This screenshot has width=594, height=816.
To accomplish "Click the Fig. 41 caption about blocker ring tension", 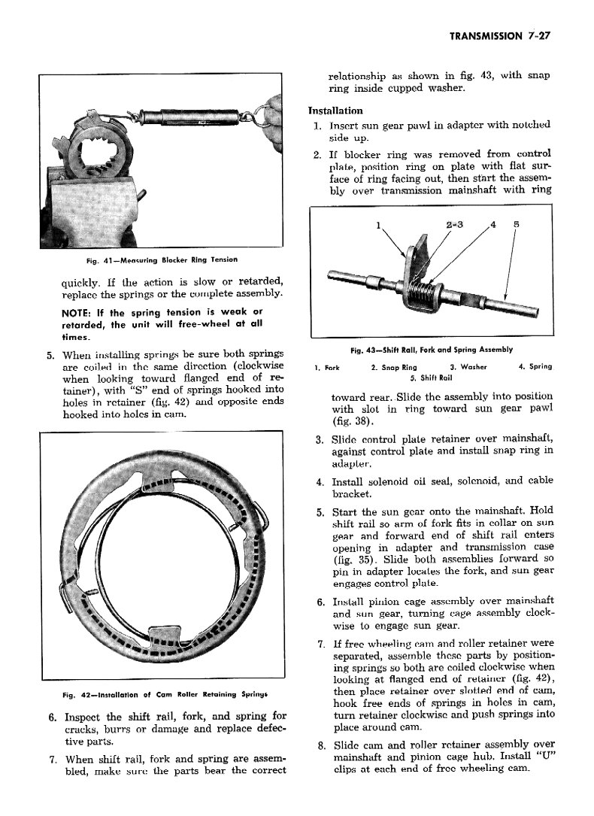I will click(x=161, y=259).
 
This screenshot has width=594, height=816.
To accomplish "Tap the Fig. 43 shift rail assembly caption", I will click(x=432, y=349).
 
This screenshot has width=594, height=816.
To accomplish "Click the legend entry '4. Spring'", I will click(x=535, y=367).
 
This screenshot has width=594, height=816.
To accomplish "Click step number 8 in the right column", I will click(x=320, y=745).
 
